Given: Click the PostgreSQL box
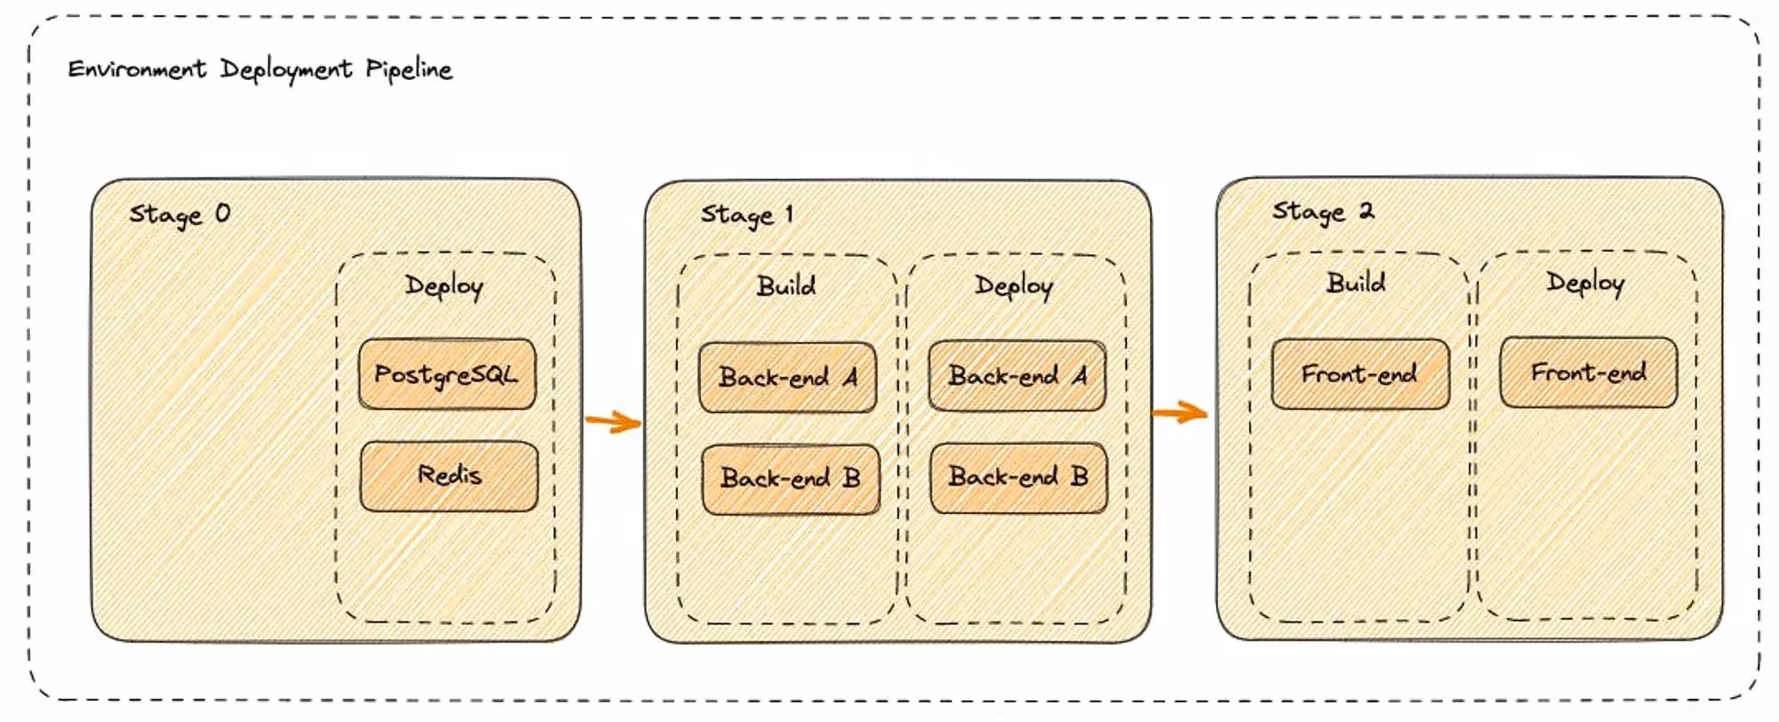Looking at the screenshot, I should coord(447,374).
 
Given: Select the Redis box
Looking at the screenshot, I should coord(449,476).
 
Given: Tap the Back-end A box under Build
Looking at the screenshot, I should coord(788,377).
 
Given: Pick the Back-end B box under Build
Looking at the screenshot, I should coord(791,478).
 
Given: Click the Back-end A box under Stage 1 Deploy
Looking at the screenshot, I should coord(1018,376).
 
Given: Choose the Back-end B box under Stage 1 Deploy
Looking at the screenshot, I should coord(1018,477).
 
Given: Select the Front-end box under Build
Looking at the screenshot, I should coord(1360,374).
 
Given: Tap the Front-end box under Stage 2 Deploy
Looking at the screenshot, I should coord(1589,373).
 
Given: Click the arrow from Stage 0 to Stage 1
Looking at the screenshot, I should coord(613,421).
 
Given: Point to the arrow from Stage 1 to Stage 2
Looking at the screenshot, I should coord(1179,413).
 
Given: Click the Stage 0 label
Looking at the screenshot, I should coord(180,214).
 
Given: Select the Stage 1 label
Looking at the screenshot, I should coord(746,214).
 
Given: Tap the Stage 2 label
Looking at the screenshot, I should coord(1323,212).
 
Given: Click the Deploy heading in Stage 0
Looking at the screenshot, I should coord(444,285).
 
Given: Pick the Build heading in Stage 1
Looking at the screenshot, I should coord(786,285).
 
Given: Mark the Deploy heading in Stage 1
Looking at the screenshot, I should coord(1014,285).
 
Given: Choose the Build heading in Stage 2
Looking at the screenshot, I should coord(1356,283).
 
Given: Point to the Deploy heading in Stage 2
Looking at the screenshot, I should coord(1585,283).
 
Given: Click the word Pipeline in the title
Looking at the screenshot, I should coord(409,69).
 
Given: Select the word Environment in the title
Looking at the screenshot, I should coord(137,68).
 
